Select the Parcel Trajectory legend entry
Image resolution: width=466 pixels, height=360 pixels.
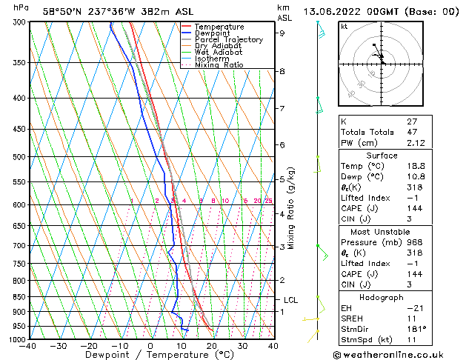228,40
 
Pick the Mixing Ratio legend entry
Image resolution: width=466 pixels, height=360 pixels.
219,65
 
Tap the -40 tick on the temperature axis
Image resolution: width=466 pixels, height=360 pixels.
28,346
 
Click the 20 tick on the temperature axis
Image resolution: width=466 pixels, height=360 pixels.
212,346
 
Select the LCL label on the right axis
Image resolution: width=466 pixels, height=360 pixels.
291,300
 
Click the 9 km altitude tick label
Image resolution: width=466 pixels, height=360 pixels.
282,33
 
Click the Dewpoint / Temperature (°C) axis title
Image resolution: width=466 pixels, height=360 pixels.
150,355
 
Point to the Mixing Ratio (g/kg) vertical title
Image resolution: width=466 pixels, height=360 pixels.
291,207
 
